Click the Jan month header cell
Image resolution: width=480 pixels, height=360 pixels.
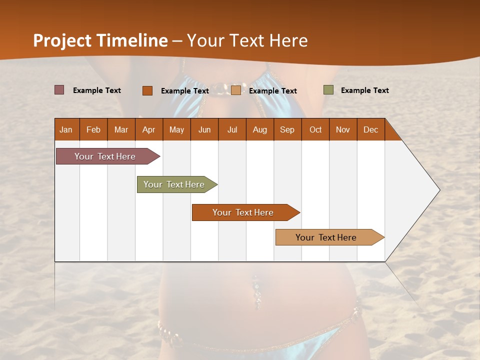point(66,130)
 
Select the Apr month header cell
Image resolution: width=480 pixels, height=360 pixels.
point(148,130)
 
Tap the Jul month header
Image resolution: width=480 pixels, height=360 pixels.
point(232,130)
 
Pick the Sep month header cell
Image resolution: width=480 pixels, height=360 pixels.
point(287,130)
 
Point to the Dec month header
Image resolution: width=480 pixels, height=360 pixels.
point(370,130)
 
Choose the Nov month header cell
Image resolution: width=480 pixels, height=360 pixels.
point(342,130)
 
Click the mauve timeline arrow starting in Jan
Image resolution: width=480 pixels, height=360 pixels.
point(105,156)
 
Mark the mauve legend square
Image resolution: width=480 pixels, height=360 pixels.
point(59,90)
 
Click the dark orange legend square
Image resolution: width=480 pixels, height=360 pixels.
point(147,90)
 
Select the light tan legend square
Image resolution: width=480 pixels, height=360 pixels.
point(236,90)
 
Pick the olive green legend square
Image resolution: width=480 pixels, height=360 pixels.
point(328,90)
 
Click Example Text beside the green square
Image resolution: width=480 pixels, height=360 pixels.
point(364,90)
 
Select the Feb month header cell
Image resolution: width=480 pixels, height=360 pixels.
point(93,130)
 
